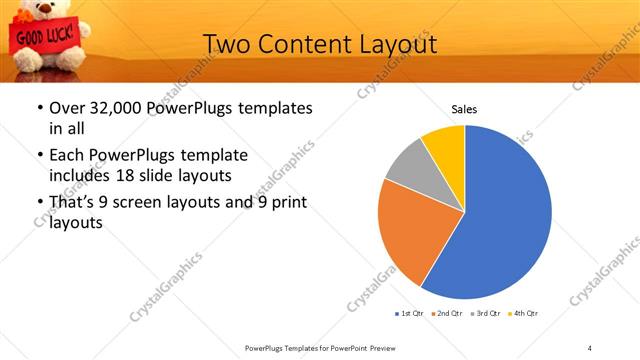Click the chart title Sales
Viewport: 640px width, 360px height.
(464, 108)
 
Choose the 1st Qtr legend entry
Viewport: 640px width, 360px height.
(409, 314)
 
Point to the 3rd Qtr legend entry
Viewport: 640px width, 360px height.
(485, 314)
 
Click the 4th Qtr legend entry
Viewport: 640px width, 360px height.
(523, 314)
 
